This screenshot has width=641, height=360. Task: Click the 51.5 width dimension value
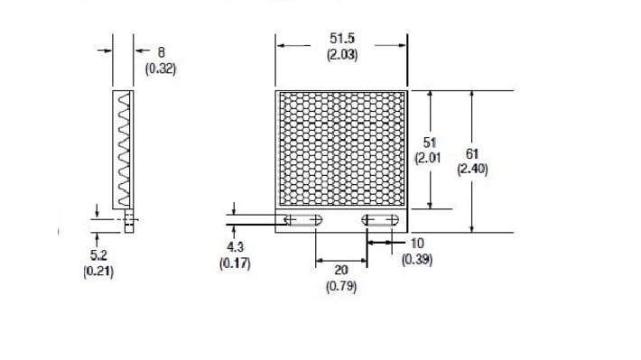point(341,39)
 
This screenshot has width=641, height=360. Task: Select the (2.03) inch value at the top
point(341,54)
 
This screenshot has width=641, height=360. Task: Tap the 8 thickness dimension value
point(161,52)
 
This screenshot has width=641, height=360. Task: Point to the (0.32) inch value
point(161,68)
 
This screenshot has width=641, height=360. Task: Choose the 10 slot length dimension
point(417,243)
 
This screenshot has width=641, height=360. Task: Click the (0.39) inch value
point(417,259)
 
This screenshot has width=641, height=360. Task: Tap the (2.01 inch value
point(428,158)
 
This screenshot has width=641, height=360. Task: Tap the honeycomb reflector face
point(341,149)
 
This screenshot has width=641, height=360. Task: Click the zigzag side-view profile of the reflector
point(124,149)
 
